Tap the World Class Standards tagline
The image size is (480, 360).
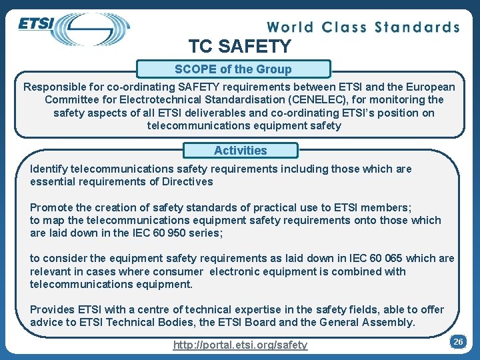point(363,27)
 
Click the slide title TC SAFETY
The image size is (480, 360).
point(240,47)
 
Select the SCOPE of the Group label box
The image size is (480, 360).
point(233,69)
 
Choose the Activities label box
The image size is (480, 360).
point(240,151)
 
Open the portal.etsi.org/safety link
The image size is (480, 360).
point(240,345)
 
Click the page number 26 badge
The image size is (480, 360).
point(457,341)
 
